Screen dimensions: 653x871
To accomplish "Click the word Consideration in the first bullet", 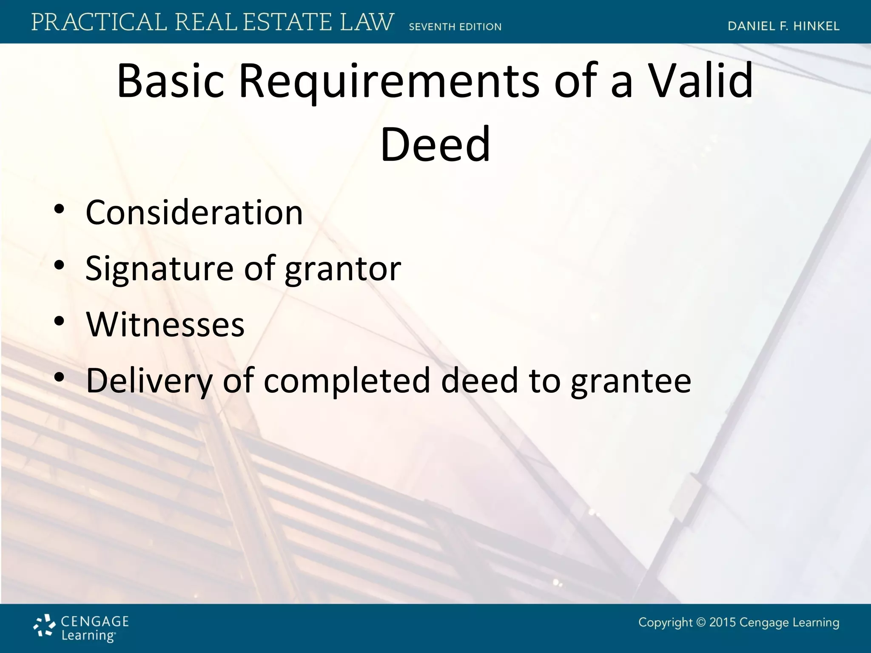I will [194, 213].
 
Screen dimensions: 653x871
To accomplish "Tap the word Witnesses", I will [165, 324].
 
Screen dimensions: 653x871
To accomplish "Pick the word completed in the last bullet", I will [347, 380].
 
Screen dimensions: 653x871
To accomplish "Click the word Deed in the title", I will [435, 145].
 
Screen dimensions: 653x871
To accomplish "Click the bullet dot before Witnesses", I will [59, 321].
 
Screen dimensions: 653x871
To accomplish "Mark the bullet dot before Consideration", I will [59, 210].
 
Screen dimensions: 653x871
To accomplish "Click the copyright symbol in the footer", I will [701, 623].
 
